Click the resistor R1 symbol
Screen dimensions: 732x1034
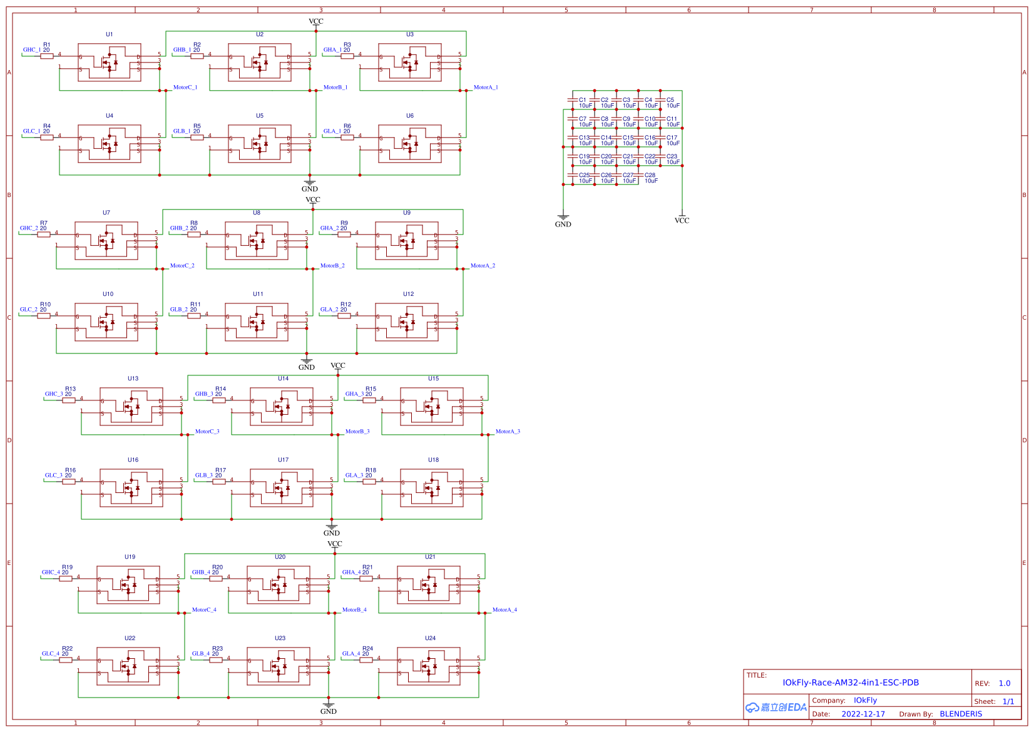click(47, 56)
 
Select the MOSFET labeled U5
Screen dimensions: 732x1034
click(260, 144)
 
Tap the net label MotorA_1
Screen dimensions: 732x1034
click(486, 88)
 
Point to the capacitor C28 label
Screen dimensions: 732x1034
click(650, 175)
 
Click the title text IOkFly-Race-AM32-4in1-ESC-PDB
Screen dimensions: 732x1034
click(851, 683)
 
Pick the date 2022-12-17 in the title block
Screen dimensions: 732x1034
click(863, 714)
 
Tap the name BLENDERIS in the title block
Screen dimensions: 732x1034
click(961, 714)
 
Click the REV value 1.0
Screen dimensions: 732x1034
click(1005, 683)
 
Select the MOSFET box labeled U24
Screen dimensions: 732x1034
click(429, 666)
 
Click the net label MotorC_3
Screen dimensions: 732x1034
click(207, 432)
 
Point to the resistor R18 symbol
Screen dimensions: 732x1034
click(369, 482)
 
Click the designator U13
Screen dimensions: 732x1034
click(133, 379)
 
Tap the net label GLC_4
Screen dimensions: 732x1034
click(51, 654)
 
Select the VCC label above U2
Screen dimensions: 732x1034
click(316, 21)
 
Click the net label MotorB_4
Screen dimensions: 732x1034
click(354, 610)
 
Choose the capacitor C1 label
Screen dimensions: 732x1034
click(582, 100)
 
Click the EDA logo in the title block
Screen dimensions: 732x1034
click(775, 708)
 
